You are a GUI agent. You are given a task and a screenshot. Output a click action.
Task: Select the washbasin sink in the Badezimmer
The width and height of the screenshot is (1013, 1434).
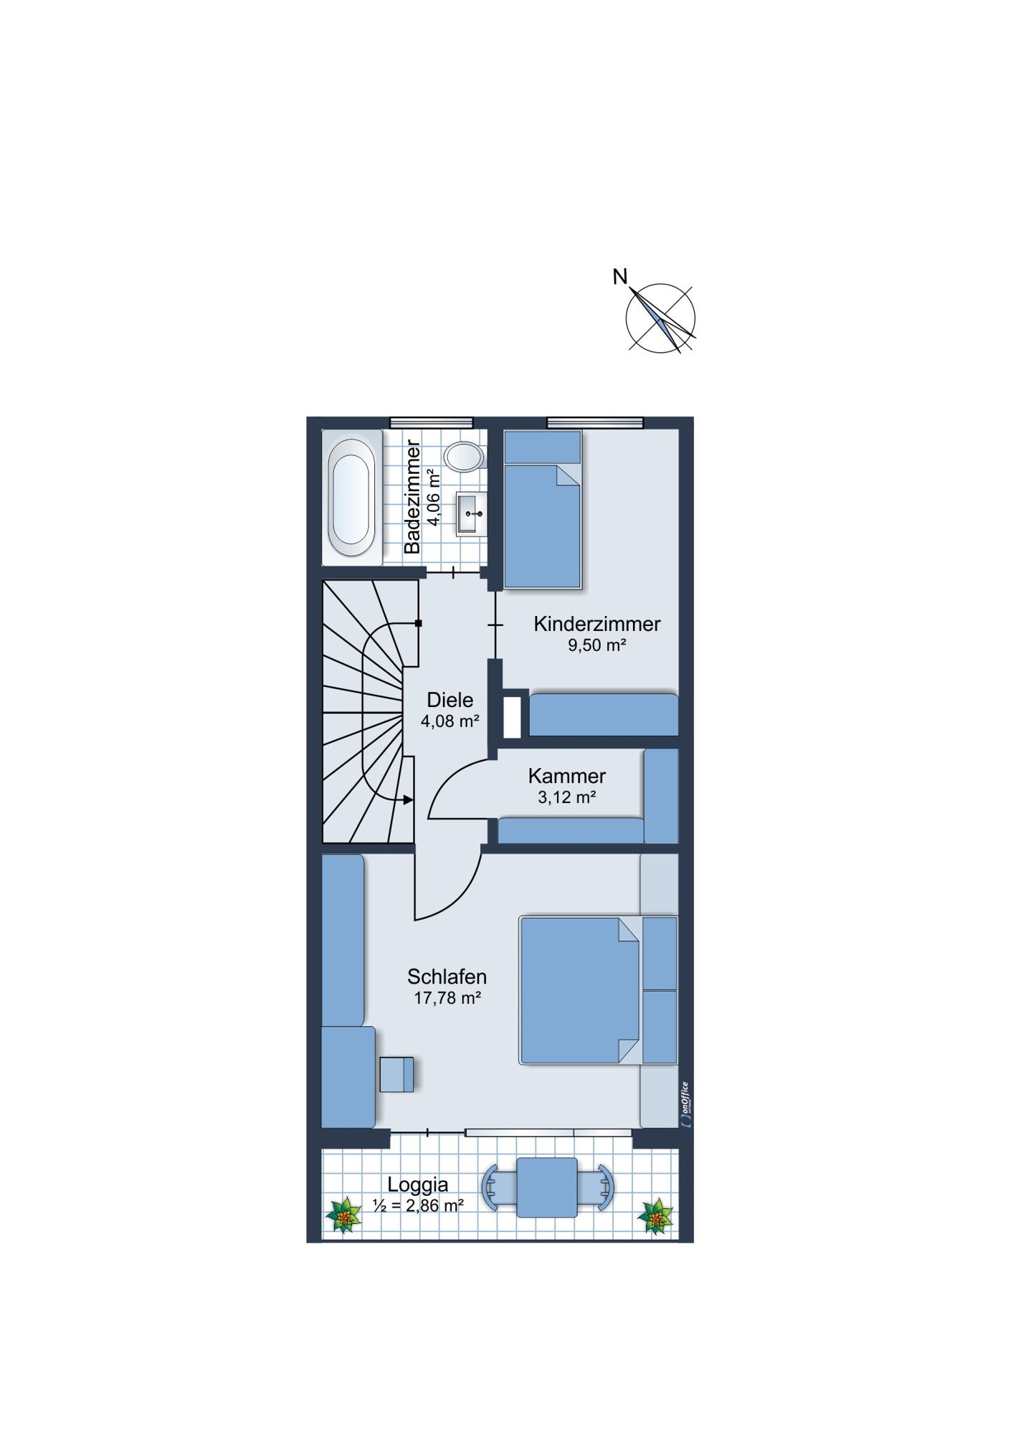tap(472, 514)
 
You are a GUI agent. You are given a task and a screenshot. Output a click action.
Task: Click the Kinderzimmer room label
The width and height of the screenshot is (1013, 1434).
tap(596, 624)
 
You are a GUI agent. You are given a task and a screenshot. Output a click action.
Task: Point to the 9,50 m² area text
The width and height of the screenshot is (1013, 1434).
tap(597, 645)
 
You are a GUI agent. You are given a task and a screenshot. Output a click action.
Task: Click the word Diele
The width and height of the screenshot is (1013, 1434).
tap(450, 700)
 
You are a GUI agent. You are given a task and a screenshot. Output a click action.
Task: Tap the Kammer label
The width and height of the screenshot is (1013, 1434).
tap(567, 776)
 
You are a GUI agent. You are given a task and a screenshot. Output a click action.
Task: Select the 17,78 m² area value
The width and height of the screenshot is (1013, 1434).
tap(447, 998)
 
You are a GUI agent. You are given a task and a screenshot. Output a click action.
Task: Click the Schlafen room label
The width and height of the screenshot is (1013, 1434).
tap(447, 977)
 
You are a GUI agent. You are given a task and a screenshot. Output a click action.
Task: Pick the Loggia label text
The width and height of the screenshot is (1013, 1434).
tap(418, 1185)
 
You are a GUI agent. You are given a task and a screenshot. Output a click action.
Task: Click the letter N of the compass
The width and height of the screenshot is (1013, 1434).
tap(620, 276)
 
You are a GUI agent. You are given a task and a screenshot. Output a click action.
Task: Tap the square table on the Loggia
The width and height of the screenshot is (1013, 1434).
tap(547, 1187)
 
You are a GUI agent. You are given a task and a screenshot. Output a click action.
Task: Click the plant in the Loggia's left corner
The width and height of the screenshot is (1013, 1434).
tap(344, 1216)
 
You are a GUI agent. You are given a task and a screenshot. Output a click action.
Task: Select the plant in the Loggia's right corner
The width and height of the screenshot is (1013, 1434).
tap(655, 1216)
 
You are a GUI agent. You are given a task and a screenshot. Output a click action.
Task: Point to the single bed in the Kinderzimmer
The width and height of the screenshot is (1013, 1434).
tap(543, 510)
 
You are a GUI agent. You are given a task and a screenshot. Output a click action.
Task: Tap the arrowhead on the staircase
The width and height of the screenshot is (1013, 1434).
tap(408, 799)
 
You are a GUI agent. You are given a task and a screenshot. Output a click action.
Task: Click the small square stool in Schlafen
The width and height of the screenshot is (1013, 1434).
tap(396, 1074)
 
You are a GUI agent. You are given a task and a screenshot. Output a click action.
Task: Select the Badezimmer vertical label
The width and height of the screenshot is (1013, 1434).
tap(412, 497)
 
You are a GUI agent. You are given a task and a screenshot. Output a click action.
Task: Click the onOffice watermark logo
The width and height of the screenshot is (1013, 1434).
tap(685, 1104)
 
